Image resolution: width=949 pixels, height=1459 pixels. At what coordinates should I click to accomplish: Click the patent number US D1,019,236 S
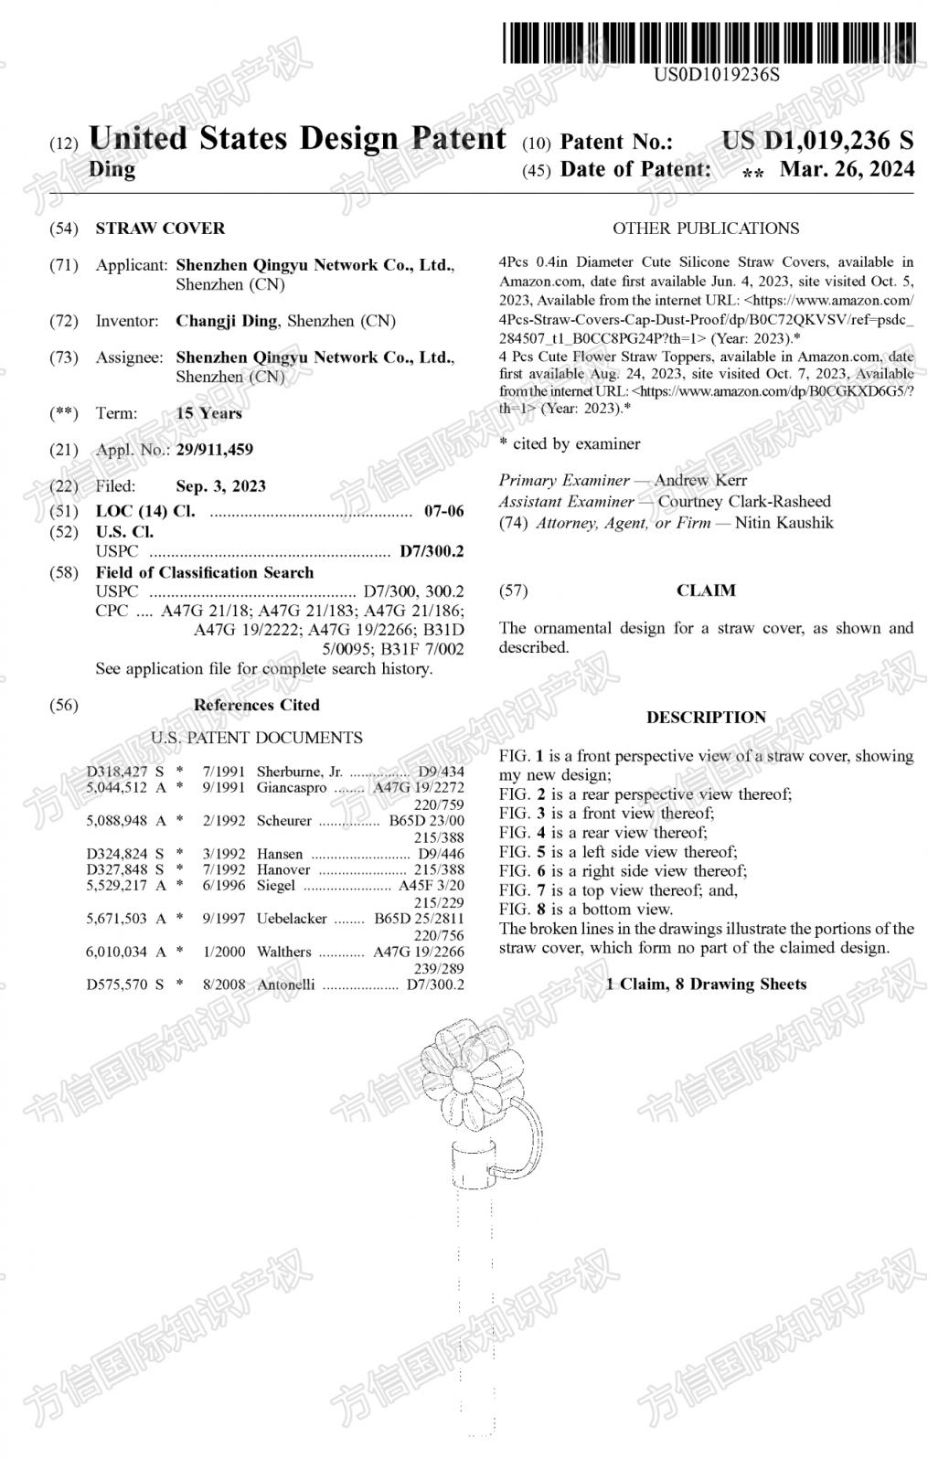click(x=816, y=141)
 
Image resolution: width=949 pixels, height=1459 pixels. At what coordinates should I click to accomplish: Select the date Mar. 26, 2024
click(x=846, y=170)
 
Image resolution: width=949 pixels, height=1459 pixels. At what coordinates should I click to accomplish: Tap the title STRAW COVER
click(x=160, y=229)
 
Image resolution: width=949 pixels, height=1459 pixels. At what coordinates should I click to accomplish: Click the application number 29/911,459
click(x=214, y=450)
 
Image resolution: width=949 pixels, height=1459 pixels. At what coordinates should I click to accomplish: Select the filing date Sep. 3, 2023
click(x=220, y=486)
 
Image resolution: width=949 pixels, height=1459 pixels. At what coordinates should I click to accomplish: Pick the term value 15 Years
click(x=208, y=413)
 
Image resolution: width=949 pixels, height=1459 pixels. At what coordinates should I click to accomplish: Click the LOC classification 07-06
click(x=444, y=511)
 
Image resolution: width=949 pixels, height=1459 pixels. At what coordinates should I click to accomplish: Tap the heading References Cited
click(x=256, y=705)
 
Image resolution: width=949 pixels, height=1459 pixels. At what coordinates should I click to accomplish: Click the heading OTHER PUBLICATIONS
click(x=705, y=229)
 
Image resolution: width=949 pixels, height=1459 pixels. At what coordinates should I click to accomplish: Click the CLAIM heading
click(x=706, y=591)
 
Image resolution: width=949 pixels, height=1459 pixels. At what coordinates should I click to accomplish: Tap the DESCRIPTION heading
click(x=706, y=718)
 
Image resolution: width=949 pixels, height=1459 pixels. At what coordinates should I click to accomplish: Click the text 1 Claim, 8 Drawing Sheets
click(x=706, y=985)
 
